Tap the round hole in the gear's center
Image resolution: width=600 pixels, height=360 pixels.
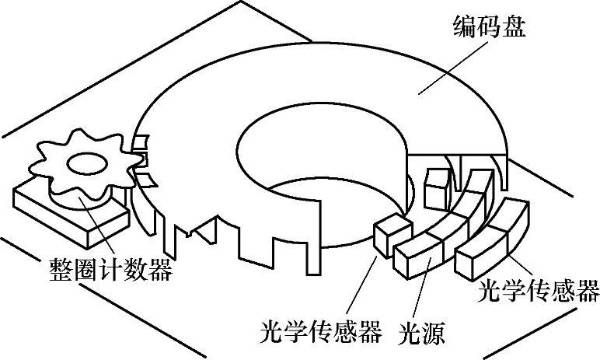pos(85,163)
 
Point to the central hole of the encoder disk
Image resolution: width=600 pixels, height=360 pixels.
pos(311,156)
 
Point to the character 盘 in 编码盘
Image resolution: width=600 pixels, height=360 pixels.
pos(514,30)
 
